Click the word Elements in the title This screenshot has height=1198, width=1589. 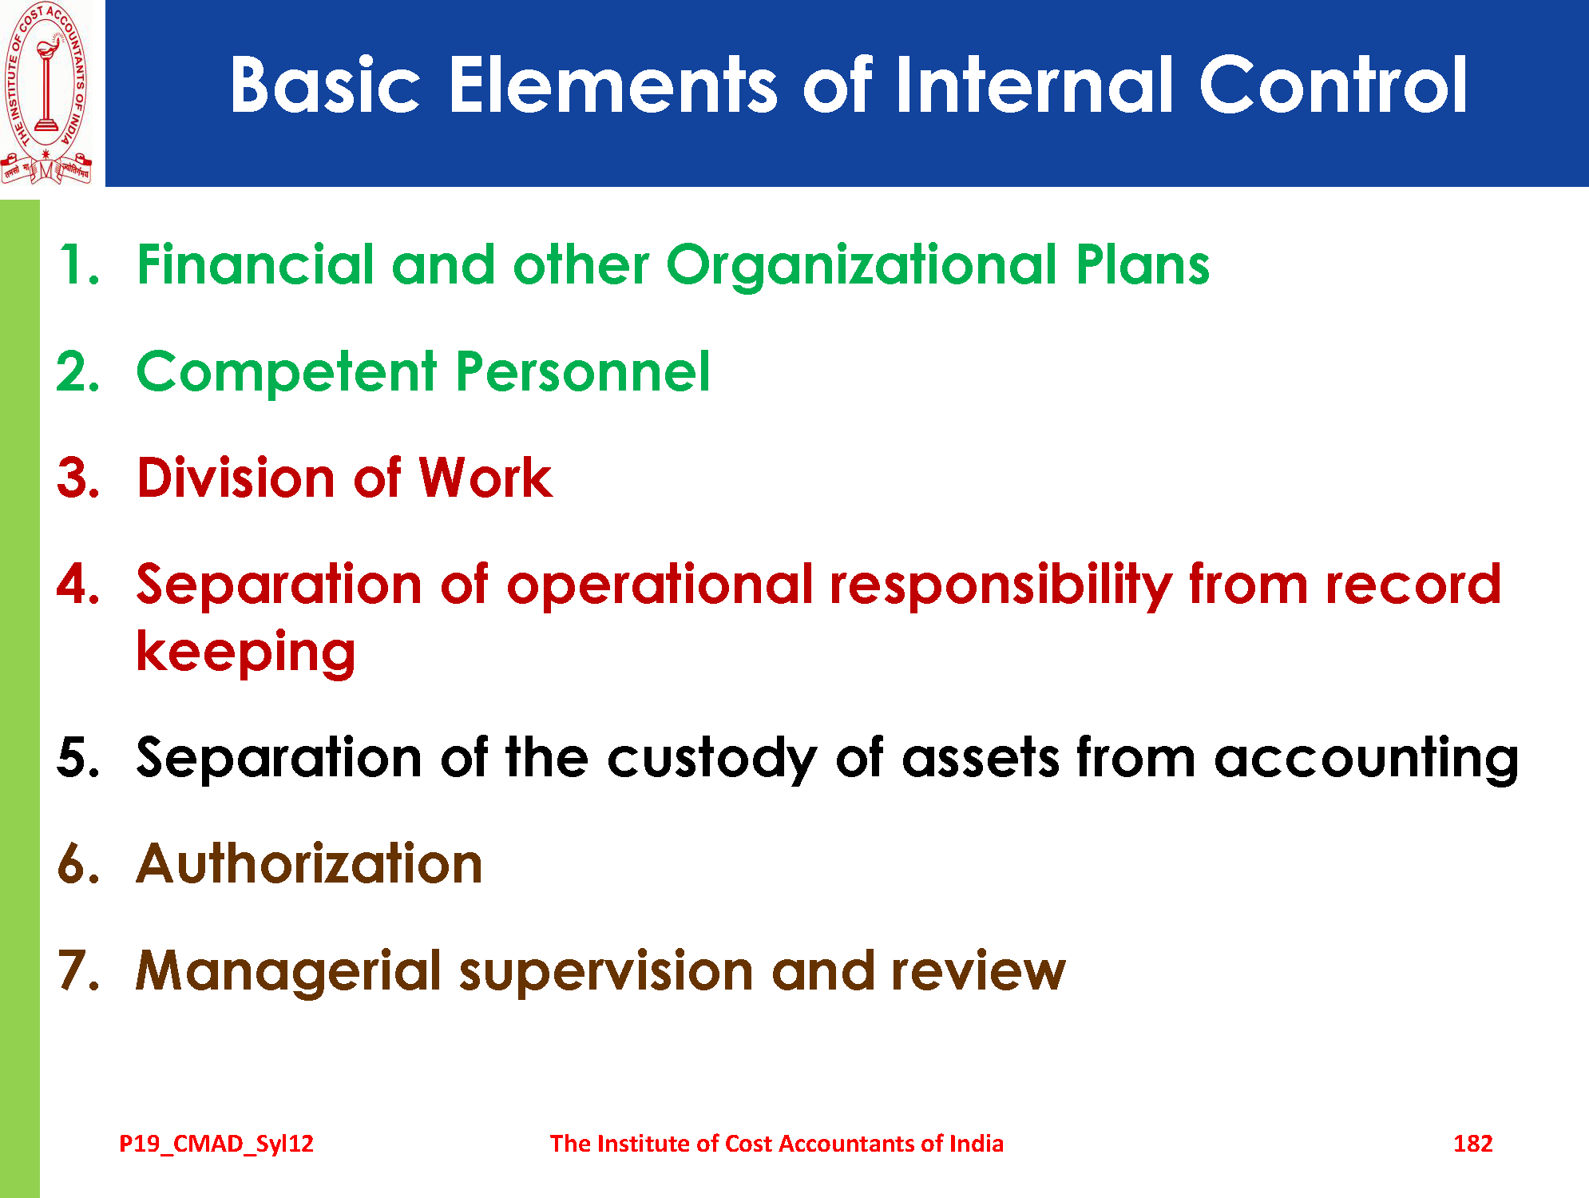pos(612,85)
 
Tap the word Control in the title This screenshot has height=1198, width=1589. pos(1333,85)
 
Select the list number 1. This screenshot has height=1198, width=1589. pos(78,264)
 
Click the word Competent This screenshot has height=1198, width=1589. pos(287,373)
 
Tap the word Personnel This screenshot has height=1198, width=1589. pos(582,372)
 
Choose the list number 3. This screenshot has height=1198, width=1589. pos(78,478)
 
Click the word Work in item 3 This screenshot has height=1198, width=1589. pos(485,478)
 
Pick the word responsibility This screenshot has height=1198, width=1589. pos(1001,586)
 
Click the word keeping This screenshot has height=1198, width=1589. pos(246,653)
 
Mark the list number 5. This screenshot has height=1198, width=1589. pos(78,757)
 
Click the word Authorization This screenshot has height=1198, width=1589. pos(309,864)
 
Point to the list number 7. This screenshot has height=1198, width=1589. pos(78,970)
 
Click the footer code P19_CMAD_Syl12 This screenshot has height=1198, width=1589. pos(216,1144)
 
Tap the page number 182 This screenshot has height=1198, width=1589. pos(1472,1144)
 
